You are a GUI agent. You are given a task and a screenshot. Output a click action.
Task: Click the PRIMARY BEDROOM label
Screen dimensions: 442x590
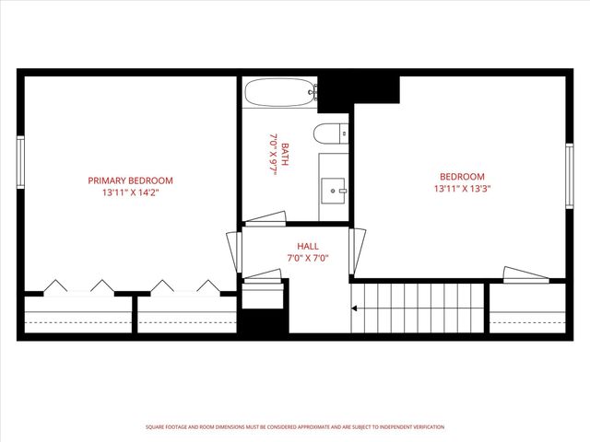tap(130, 180)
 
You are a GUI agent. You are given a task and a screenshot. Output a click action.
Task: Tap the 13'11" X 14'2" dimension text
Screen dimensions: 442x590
tap(130, 193)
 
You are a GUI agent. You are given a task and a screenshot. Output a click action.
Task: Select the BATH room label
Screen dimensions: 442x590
tap(286, 153)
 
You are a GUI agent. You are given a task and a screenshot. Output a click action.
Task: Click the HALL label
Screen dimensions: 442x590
tap(308, 246)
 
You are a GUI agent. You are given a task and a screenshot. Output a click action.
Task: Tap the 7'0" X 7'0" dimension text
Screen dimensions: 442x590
tap(308, 259)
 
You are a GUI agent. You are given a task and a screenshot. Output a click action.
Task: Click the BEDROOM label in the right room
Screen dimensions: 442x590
tap(461, 177)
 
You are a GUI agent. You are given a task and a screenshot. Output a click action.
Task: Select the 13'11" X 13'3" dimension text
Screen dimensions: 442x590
tap(461, 190)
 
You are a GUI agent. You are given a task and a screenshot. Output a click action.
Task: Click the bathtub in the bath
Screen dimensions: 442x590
tap(280, 92)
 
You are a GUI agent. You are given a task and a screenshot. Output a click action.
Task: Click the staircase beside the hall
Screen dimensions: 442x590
tap(418, 309)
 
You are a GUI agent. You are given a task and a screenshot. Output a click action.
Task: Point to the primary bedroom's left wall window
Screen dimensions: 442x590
tap(20, 162)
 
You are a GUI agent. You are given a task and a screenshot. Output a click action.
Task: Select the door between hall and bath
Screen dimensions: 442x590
tap(265, 218)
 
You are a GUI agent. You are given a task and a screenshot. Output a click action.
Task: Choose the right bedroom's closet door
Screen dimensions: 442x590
tap(525, 273)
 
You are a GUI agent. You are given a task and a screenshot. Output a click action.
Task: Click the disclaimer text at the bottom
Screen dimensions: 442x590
tap(295, 427)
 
